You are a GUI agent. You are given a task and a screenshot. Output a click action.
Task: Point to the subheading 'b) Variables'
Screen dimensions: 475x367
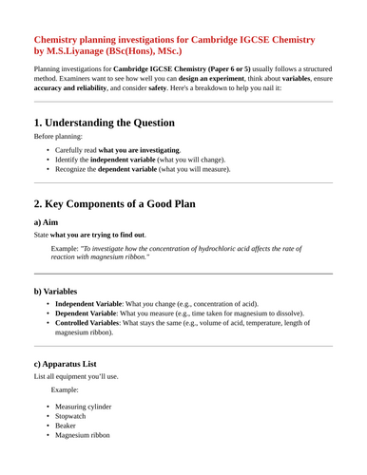pyautogui.click(x=62, y=290)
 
